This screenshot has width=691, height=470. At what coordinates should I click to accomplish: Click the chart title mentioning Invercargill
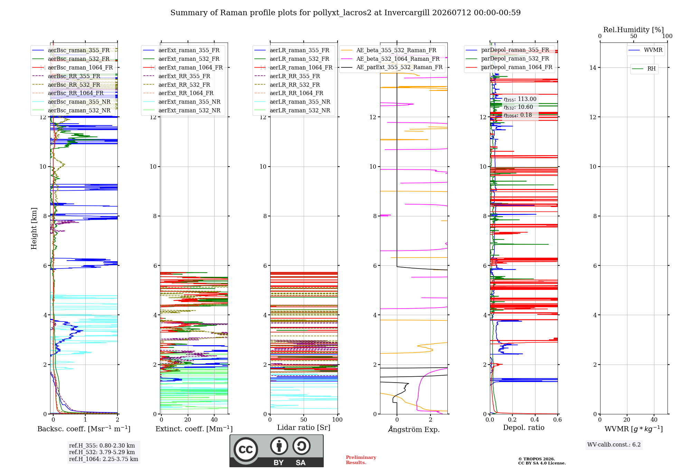(x=345, y=13)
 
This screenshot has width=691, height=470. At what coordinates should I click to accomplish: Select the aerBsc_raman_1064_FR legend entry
(x=73, y=67)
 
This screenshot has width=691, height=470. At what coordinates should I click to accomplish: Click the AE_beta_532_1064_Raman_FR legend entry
(x=390, y=59)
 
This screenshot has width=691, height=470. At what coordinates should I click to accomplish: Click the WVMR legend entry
(x=646, y=50)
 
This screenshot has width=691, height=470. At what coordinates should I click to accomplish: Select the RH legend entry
(x=644, y=69)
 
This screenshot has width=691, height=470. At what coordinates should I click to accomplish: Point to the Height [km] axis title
(x=34, y=228)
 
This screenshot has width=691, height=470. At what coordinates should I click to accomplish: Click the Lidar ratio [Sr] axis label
(x=304, y=427)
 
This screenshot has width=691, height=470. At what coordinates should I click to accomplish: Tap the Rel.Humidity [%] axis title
(x=634, y=30)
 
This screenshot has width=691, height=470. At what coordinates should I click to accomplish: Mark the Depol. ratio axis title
(x=524, y=427)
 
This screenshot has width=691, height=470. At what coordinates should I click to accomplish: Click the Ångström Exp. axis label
(x=414, y=429)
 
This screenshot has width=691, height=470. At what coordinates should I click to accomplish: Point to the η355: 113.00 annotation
(x=520, y=99)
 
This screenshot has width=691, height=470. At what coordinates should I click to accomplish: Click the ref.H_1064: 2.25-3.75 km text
(x=104, y=459)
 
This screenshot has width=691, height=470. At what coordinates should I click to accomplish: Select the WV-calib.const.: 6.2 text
(x=614, y=444)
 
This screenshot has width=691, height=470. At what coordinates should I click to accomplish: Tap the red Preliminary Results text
(x=361, y=460)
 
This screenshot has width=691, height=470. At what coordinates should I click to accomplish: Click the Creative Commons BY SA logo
(x=276, y=451)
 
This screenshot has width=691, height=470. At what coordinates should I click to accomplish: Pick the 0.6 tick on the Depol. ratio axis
(x=557, y=420)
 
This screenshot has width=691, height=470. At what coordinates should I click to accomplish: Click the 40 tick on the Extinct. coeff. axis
(x=214, y=420)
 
